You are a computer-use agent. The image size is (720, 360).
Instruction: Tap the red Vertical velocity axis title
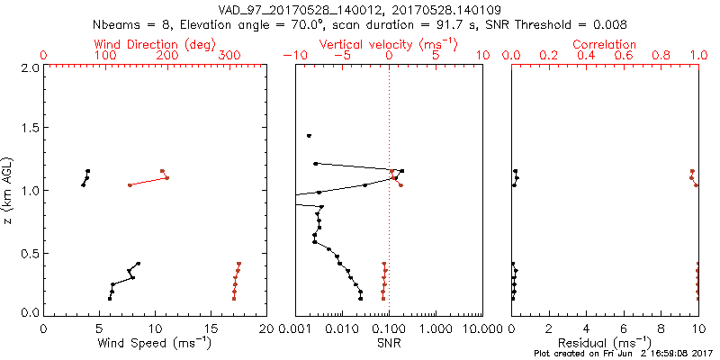click(x=388, y=44)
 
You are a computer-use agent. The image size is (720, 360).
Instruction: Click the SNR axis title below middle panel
click(x=389, y=342)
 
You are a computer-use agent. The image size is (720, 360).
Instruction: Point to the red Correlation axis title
click(x=605, y=44)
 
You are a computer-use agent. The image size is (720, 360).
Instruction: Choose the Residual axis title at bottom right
click(x=605, y=342)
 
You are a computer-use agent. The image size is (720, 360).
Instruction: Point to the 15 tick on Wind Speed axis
click(x=211, y=329)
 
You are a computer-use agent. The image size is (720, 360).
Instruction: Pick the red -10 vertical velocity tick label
click(x=292, y=56)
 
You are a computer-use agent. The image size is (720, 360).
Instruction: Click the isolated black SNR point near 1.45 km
click(x=309, y=136)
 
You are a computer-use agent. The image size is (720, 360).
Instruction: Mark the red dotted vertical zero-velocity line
click(x=389, y=225)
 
